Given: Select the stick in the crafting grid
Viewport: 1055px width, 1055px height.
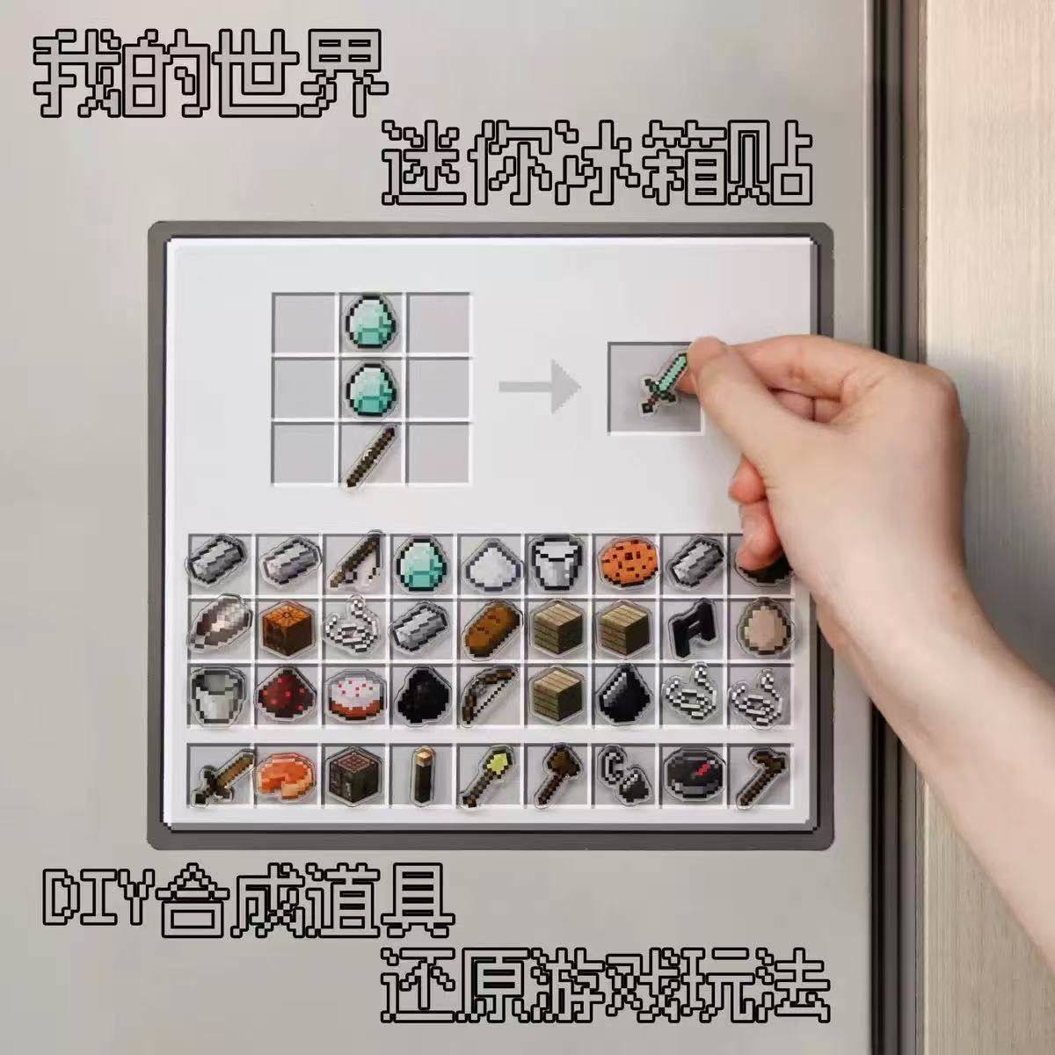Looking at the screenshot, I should pos(373,454).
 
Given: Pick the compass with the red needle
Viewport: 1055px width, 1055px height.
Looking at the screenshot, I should pos(690,775).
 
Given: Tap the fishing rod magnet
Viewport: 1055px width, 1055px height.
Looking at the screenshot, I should pos(354,561).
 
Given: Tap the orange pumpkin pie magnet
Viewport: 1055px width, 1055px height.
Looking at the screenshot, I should pos(285,774).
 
